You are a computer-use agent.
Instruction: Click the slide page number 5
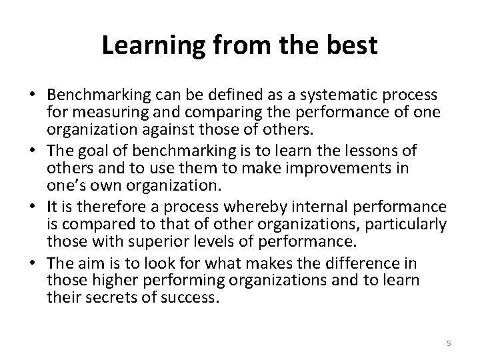449,343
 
